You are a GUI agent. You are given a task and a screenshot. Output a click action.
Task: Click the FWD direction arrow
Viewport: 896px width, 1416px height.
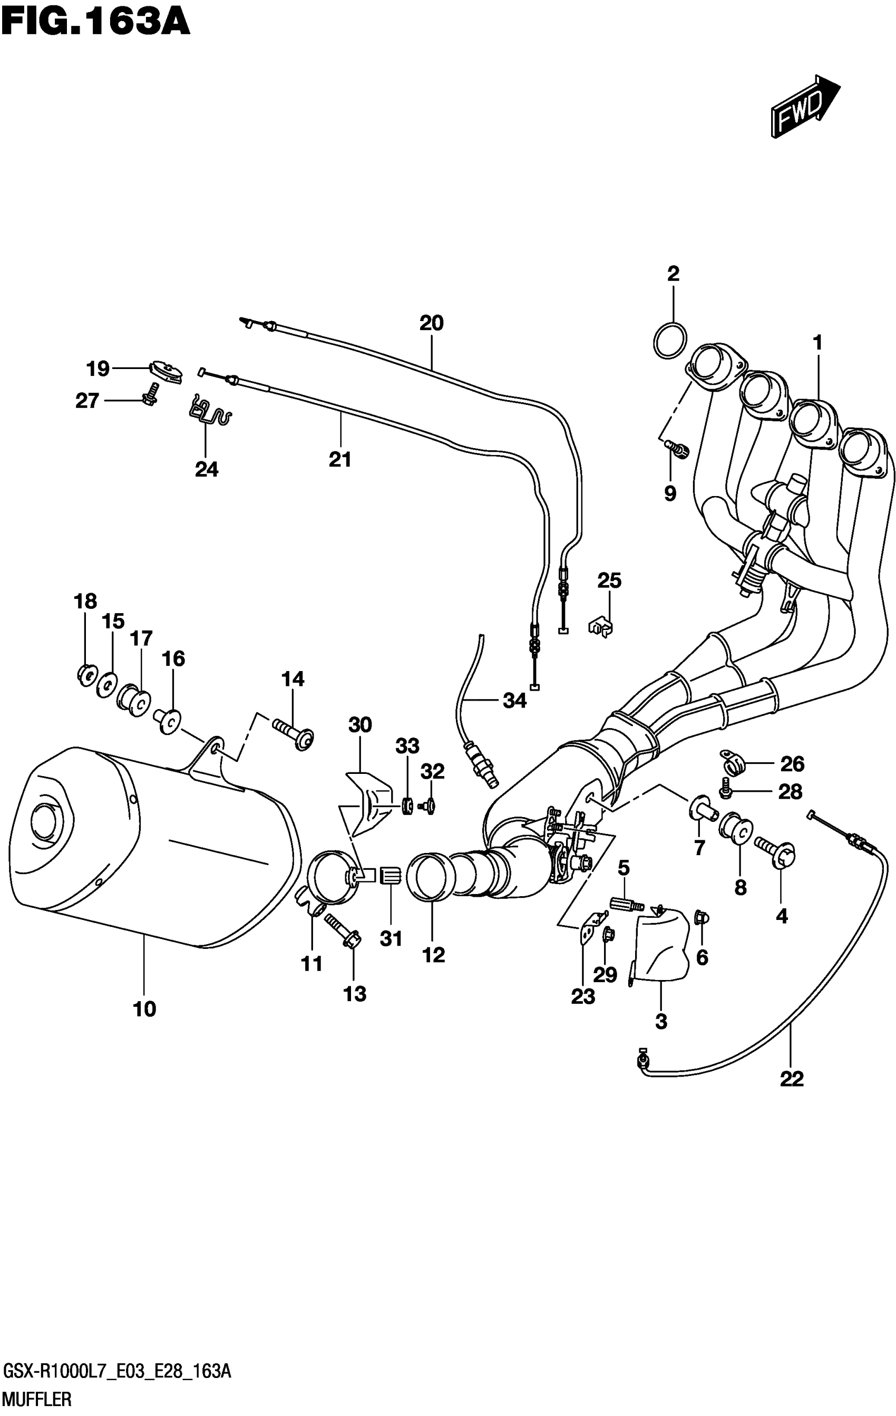point(805,107)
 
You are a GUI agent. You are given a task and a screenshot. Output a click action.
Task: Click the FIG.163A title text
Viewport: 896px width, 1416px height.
point(96,24)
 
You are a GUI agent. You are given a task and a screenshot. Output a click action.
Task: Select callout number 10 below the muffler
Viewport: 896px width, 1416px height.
point(144,1009)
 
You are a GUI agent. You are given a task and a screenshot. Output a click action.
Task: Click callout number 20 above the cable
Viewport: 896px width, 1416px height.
point(431,323)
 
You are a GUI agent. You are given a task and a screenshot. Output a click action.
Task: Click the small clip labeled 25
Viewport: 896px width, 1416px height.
point(600,627)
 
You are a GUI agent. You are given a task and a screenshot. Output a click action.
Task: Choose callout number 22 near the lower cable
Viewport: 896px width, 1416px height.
point(791,1079)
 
